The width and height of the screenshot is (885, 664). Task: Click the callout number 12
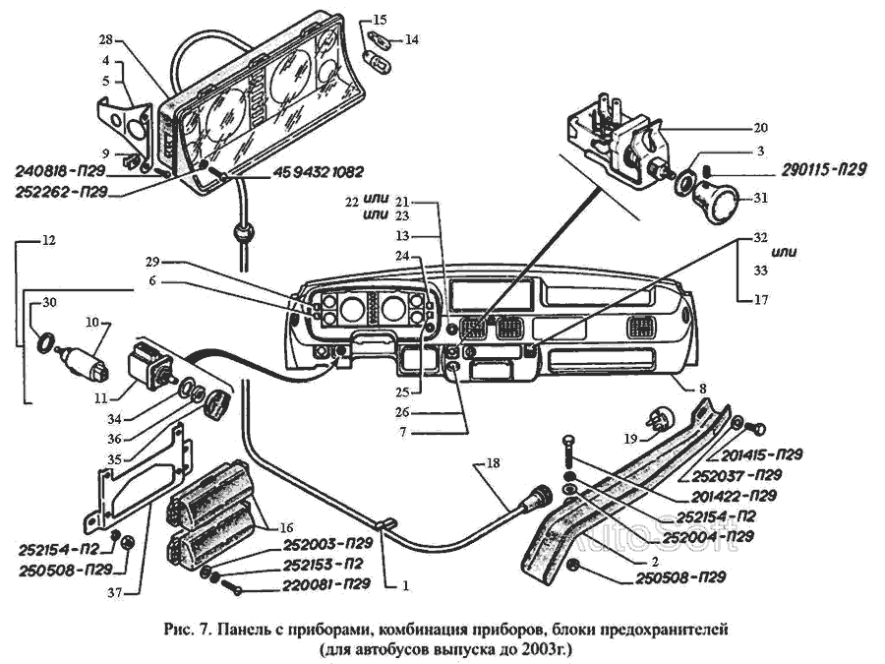point(49,239)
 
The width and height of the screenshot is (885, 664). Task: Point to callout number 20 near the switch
point(760,128)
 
